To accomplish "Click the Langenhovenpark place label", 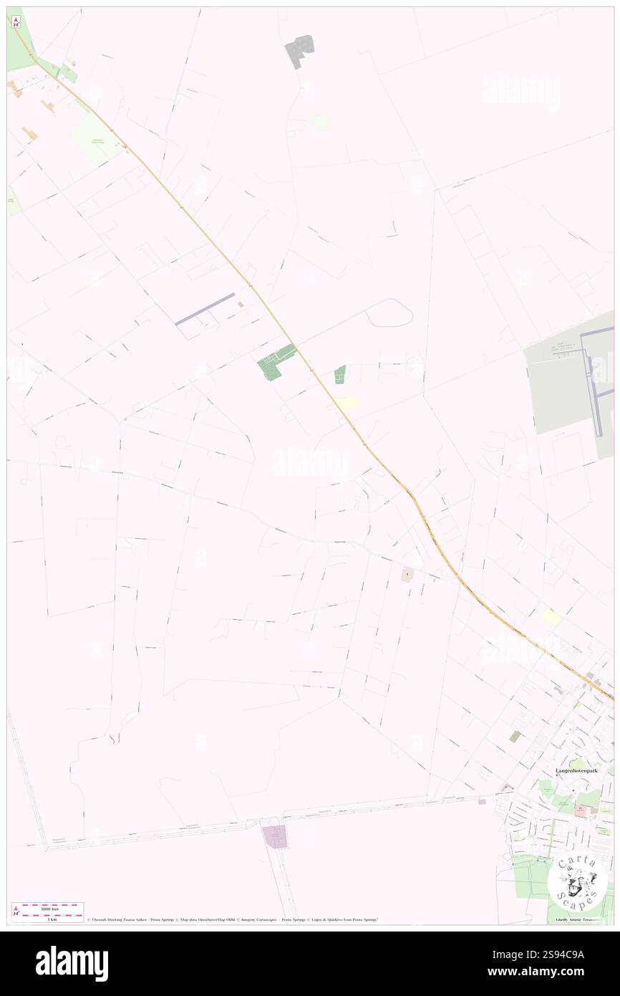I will point(576,770).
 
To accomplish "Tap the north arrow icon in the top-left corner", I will point(16,21).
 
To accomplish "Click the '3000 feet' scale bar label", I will point(49,909).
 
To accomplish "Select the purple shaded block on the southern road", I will point(275,836).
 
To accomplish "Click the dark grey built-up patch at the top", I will point(300,50).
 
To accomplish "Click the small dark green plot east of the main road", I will point(340,374).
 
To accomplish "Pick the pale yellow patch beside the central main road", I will point(347,403).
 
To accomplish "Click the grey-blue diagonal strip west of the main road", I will point(205,309).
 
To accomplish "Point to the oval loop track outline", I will point(389,313).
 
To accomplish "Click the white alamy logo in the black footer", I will point(72,964).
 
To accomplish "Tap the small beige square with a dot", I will point(407,574).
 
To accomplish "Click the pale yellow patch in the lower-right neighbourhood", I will point(551,616).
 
